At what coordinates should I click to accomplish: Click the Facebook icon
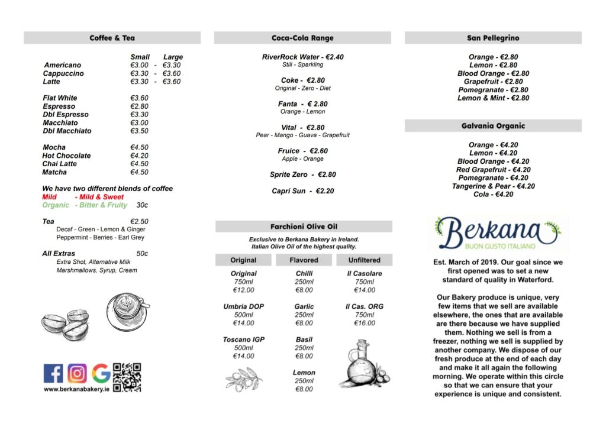click(x=53, y=373)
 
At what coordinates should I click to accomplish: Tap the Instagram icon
click(x=77, y=373)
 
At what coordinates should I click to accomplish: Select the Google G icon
click(x=101, y=373)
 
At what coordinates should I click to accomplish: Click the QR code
click(x=127, y=377)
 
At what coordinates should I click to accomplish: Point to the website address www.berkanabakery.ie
click(x=76, y=390)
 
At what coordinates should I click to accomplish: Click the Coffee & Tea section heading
click(x=112, y=38)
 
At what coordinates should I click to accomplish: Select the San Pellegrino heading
click(x=493, y=38)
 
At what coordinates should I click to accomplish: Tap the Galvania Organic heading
click(x=493, y=125)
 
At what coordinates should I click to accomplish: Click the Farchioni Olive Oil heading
click(x=303, y=227)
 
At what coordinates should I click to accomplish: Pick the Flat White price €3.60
click(x=139, y=98)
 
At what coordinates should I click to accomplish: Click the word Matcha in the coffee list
click(x=54, y=172)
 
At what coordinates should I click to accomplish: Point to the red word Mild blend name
click(x=49, y=197)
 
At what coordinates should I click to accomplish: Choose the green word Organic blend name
click(x=56, y=205)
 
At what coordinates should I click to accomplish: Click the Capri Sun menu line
click(x=302, y=191)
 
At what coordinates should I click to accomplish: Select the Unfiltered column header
click(x=365, y=260)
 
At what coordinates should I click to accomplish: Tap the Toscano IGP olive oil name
click(x=243, y=339)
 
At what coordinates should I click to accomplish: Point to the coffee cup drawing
click(x=127, y=310)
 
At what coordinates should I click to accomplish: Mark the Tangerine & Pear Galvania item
click(x=493, y=186)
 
